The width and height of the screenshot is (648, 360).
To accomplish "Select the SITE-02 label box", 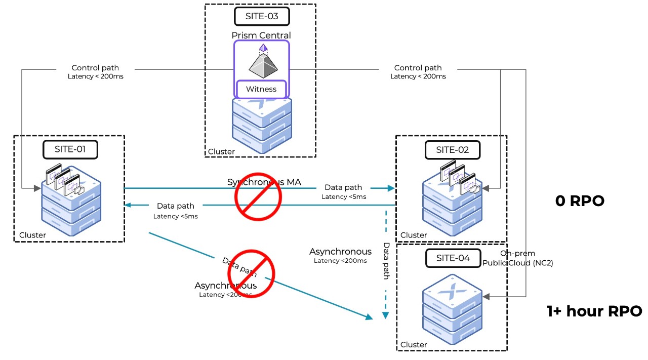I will click(453, 150).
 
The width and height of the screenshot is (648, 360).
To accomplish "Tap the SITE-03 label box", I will click(262, 16).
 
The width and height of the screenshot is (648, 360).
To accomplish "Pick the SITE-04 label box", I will click(453, 258).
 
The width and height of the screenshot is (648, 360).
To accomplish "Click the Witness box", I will click(261, 89).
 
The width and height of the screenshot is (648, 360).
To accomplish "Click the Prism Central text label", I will click(261, 35).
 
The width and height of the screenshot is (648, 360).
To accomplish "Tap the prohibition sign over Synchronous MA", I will click(258, 195).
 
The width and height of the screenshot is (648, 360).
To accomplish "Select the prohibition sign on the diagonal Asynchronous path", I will click(251, 273).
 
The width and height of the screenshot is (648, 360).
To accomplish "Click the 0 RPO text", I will click(580, 201).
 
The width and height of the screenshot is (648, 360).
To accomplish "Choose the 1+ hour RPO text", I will click(594, 311).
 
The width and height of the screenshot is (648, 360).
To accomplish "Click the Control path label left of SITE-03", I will click(95, 68).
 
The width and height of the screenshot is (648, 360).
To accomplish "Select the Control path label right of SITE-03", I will click(418, 68).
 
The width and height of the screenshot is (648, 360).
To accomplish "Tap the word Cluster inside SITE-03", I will click(221, 151).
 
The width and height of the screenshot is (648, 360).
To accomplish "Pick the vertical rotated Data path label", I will click(386, 261).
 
